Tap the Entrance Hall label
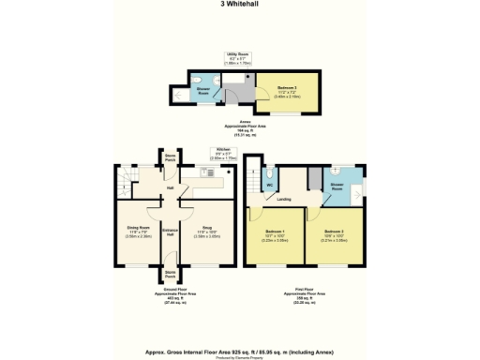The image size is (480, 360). pyautogui.click(x=171, y=232)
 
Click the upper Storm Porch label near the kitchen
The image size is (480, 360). pyautogui.click(x=170, y=157)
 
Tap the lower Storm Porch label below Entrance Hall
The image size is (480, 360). pyautogui.click(x=170, y=277)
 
